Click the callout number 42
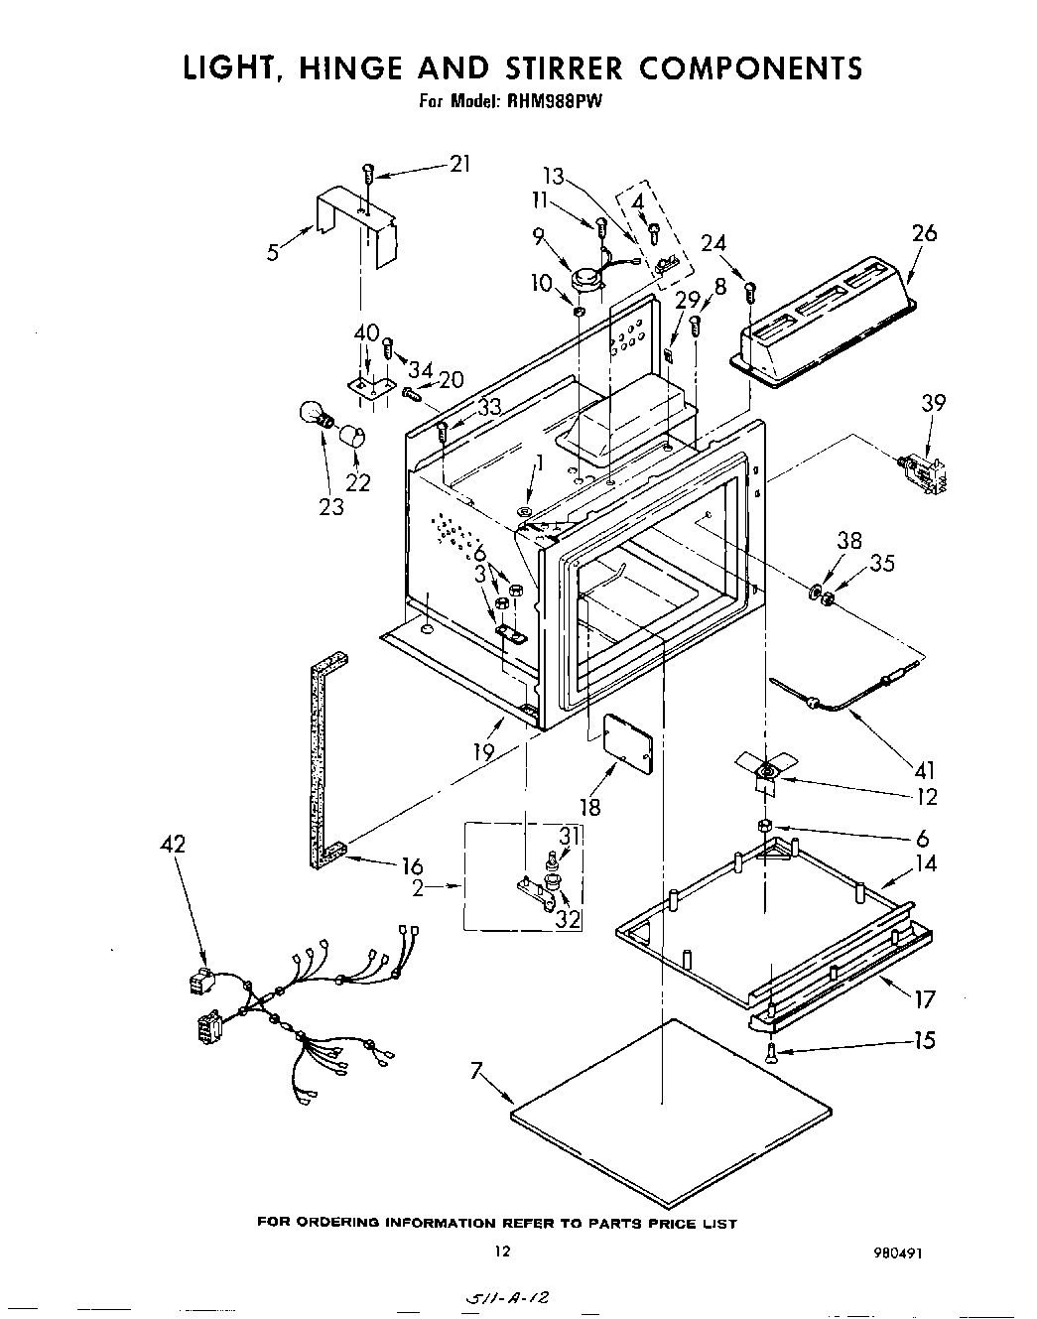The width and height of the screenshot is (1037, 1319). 174,844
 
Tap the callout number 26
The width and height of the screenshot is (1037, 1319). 923,233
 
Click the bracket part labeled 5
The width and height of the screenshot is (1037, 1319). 355,233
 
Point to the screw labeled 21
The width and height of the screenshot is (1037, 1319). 368,173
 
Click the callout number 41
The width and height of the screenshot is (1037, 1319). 923,769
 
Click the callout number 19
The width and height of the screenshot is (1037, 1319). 483,752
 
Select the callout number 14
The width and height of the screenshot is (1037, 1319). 925,863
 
